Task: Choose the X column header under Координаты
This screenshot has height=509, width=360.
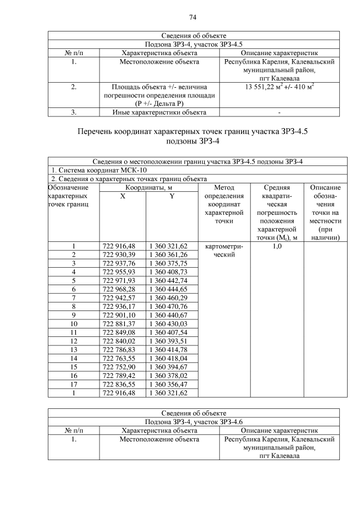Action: [x=123, y=196]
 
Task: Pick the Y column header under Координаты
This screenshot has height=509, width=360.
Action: [x=172, y=196]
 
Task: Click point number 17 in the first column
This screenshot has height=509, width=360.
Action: [x=73, y=384]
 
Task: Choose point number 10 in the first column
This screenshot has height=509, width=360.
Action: [x=73, y=323]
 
